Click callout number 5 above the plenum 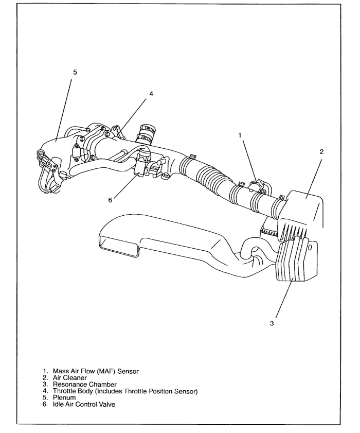(75, 73)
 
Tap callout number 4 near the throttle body (151, 94)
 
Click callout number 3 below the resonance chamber (271, 324)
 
